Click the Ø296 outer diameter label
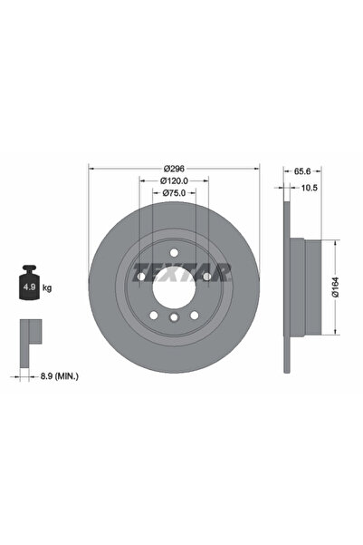click(174, 170)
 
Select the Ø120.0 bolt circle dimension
click(173, 180)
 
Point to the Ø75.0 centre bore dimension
click(174, 192)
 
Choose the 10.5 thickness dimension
click(310, 188)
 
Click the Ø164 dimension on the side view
click(336, 288)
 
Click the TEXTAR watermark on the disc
click(182, 270)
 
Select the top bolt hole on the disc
click(173, 251)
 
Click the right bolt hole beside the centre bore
click(206, 275)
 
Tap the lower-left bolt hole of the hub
click(154, 315)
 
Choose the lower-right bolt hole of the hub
click(193, 315)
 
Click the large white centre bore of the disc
click(173, 287)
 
